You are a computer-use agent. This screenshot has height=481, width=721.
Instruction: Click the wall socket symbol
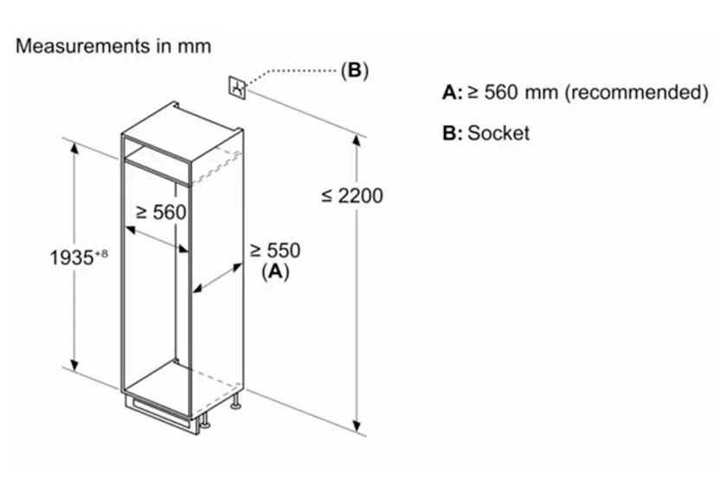tap(237, 88)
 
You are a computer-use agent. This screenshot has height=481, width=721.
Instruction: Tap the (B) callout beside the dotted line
tap(355, 70)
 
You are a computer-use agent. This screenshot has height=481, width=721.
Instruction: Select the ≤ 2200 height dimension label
tap(352, 196)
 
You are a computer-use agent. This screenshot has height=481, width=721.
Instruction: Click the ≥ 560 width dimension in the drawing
tap(161, 212)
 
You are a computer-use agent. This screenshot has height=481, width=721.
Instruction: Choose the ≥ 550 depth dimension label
tap(275, 250)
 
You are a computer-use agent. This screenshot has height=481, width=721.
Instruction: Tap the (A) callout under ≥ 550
tap(275, 271)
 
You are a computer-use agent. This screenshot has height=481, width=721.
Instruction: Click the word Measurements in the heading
tap(83, 46)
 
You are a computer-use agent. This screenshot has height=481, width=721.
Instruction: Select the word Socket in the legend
tap(499, 133)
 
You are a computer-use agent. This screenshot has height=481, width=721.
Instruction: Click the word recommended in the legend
tap(637, 92)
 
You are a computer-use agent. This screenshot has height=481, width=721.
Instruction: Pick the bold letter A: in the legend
tap(453, 93)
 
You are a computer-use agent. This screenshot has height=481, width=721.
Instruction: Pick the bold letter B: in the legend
tap(453, 133)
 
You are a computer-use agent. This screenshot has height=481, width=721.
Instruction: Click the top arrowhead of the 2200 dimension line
tap(357, 140)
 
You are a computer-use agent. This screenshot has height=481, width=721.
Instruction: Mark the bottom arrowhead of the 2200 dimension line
tap(357, 426)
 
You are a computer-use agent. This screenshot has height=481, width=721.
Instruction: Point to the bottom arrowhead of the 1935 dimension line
tap(74, 365)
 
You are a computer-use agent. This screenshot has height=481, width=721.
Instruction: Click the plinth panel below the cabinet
tap(162, 413)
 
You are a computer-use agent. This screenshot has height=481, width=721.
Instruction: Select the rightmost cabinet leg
tap(236, 401)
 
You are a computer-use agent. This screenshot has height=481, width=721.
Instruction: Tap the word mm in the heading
tap(195, 47)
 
